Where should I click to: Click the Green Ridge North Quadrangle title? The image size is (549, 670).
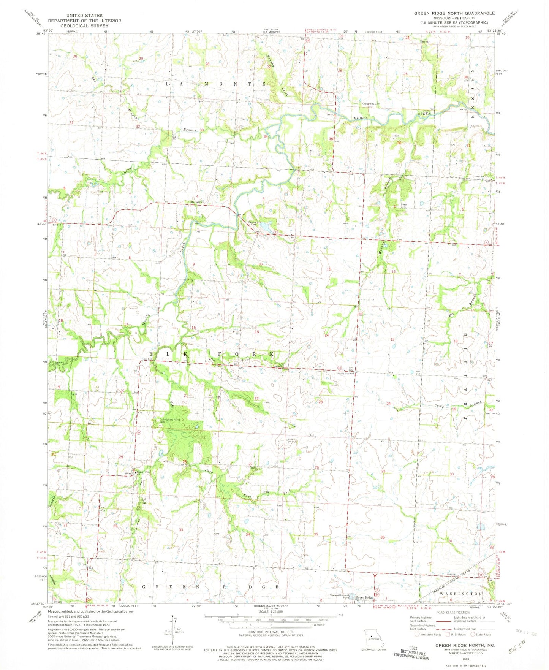(x=454, y=13)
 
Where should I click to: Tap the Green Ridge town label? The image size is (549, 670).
(x=364, y=597)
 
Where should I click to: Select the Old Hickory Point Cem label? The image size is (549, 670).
(x=169, y=421)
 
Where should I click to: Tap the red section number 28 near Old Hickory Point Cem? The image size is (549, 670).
(x=185, y=461)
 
